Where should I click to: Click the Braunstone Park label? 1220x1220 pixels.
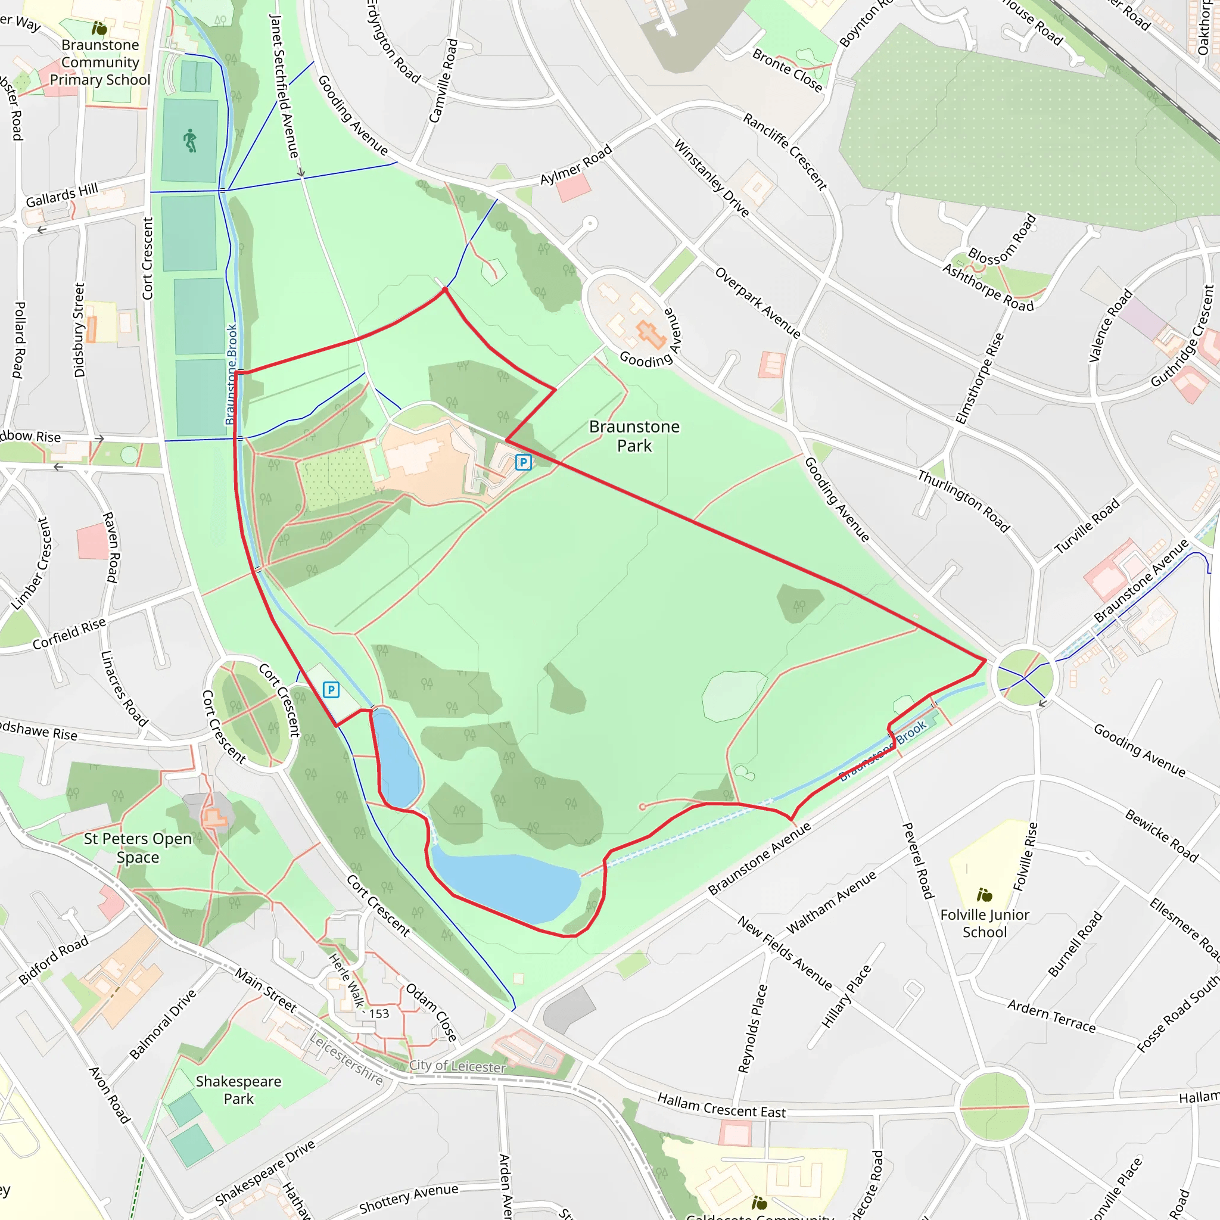634,435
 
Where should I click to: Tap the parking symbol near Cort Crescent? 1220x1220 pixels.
331,690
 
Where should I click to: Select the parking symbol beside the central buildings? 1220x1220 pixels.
523,462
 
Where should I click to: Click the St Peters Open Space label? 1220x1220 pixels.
138,848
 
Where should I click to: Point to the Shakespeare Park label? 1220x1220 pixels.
239,1090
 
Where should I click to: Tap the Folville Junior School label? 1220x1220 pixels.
985,923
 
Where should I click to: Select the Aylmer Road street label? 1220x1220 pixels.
575,166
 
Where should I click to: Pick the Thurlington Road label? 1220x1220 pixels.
964,502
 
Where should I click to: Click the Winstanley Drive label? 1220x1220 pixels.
712,178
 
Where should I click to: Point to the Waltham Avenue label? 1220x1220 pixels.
831,902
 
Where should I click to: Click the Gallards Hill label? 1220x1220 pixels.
62,195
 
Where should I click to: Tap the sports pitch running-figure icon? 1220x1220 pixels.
190,140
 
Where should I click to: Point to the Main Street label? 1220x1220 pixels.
266,989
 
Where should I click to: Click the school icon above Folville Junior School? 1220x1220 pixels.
984,895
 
